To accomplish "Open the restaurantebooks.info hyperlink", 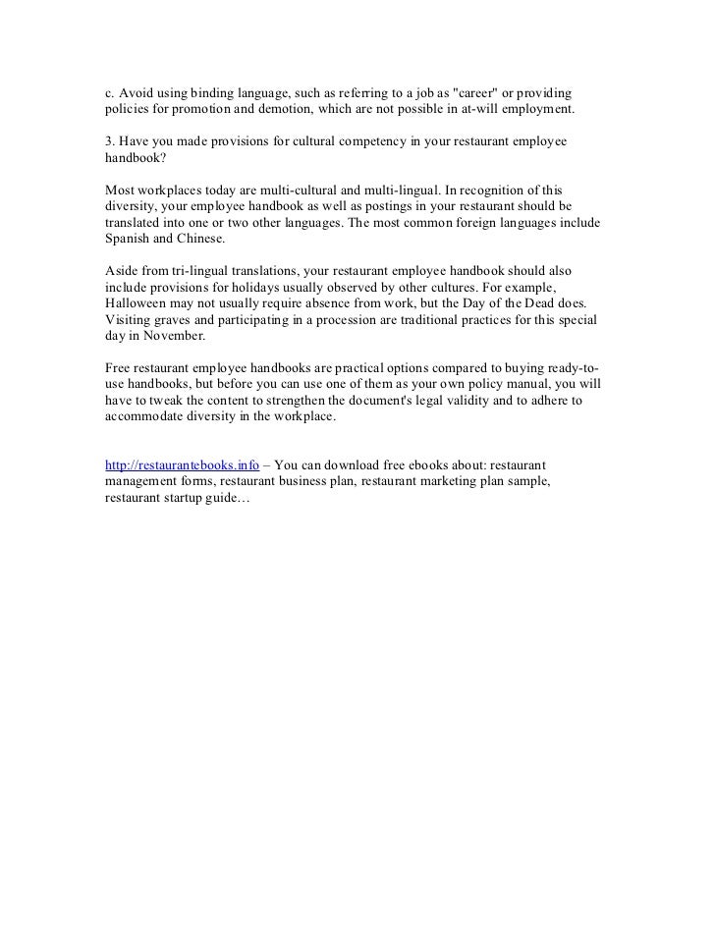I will [182, 464].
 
